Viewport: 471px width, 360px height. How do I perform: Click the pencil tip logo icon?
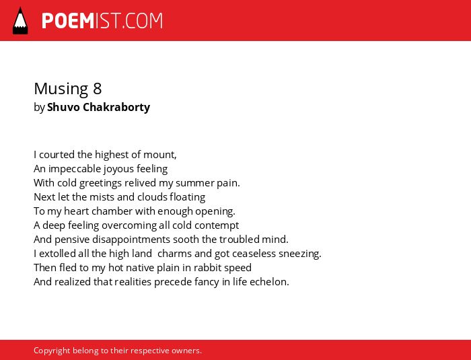(x=20, y=21)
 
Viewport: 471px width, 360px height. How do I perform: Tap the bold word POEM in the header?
(x=68, y=21)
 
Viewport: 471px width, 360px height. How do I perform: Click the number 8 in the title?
(x=98, y=89)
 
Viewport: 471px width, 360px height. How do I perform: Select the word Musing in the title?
(x=61, y=89)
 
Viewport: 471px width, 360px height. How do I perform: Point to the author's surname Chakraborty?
(x=116, y=107)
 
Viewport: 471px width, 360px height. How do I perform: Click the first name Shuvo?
(x=64, y=107)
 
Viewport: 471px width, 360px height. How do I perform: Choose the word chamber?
(x=112, y=211)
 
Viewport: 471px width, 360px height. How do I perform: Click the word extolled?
(x=57, y=254)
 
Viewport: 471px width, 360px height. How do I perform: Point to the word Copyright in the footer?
(x=52, y=351)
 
